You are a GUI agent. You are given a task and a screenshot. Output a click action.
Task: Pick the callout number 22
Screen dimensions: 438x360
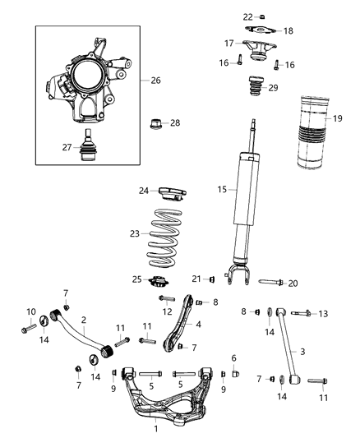[x=247, y=16]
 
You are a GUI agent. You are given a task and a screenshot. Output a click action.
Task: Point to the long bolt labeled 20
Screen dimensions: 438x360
[x=270, y=283]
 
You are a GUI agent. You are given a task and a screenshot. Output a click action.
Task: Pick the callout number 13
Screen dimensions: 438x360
[x=323, y=313]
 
